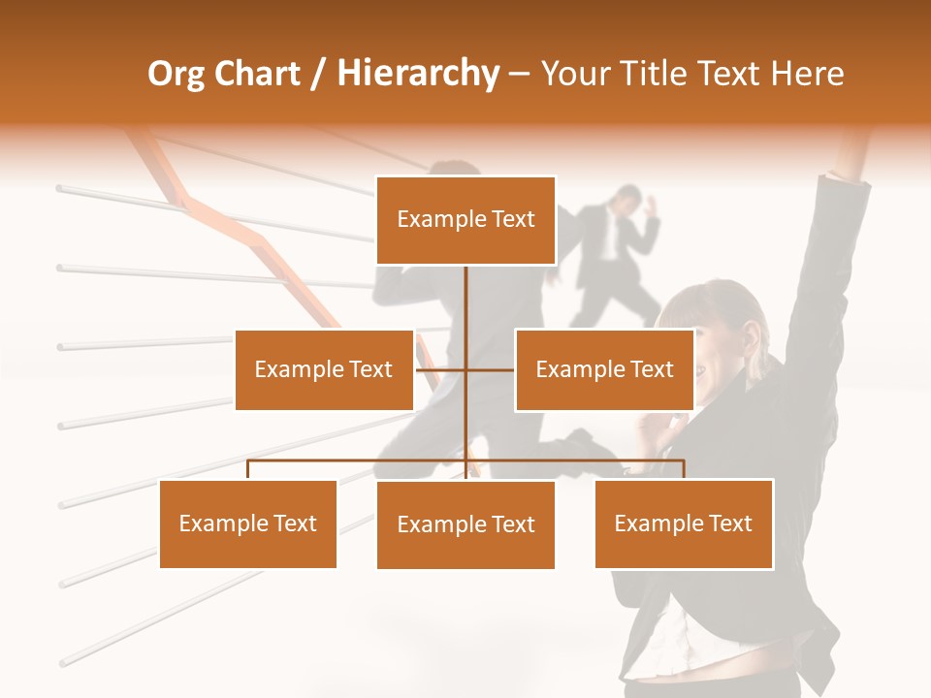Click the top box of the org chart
(x=465, y=220)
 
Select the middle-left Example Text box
(x=324, y=369)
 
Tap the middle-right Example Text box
(x=604, y=369)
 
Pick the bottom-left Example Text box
(x=248, y=523)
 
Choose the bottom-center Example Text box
(x=465, y=524)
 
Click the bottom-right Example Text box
(x=683, y=523)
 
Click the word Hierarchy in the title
(x=418, y=74)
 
